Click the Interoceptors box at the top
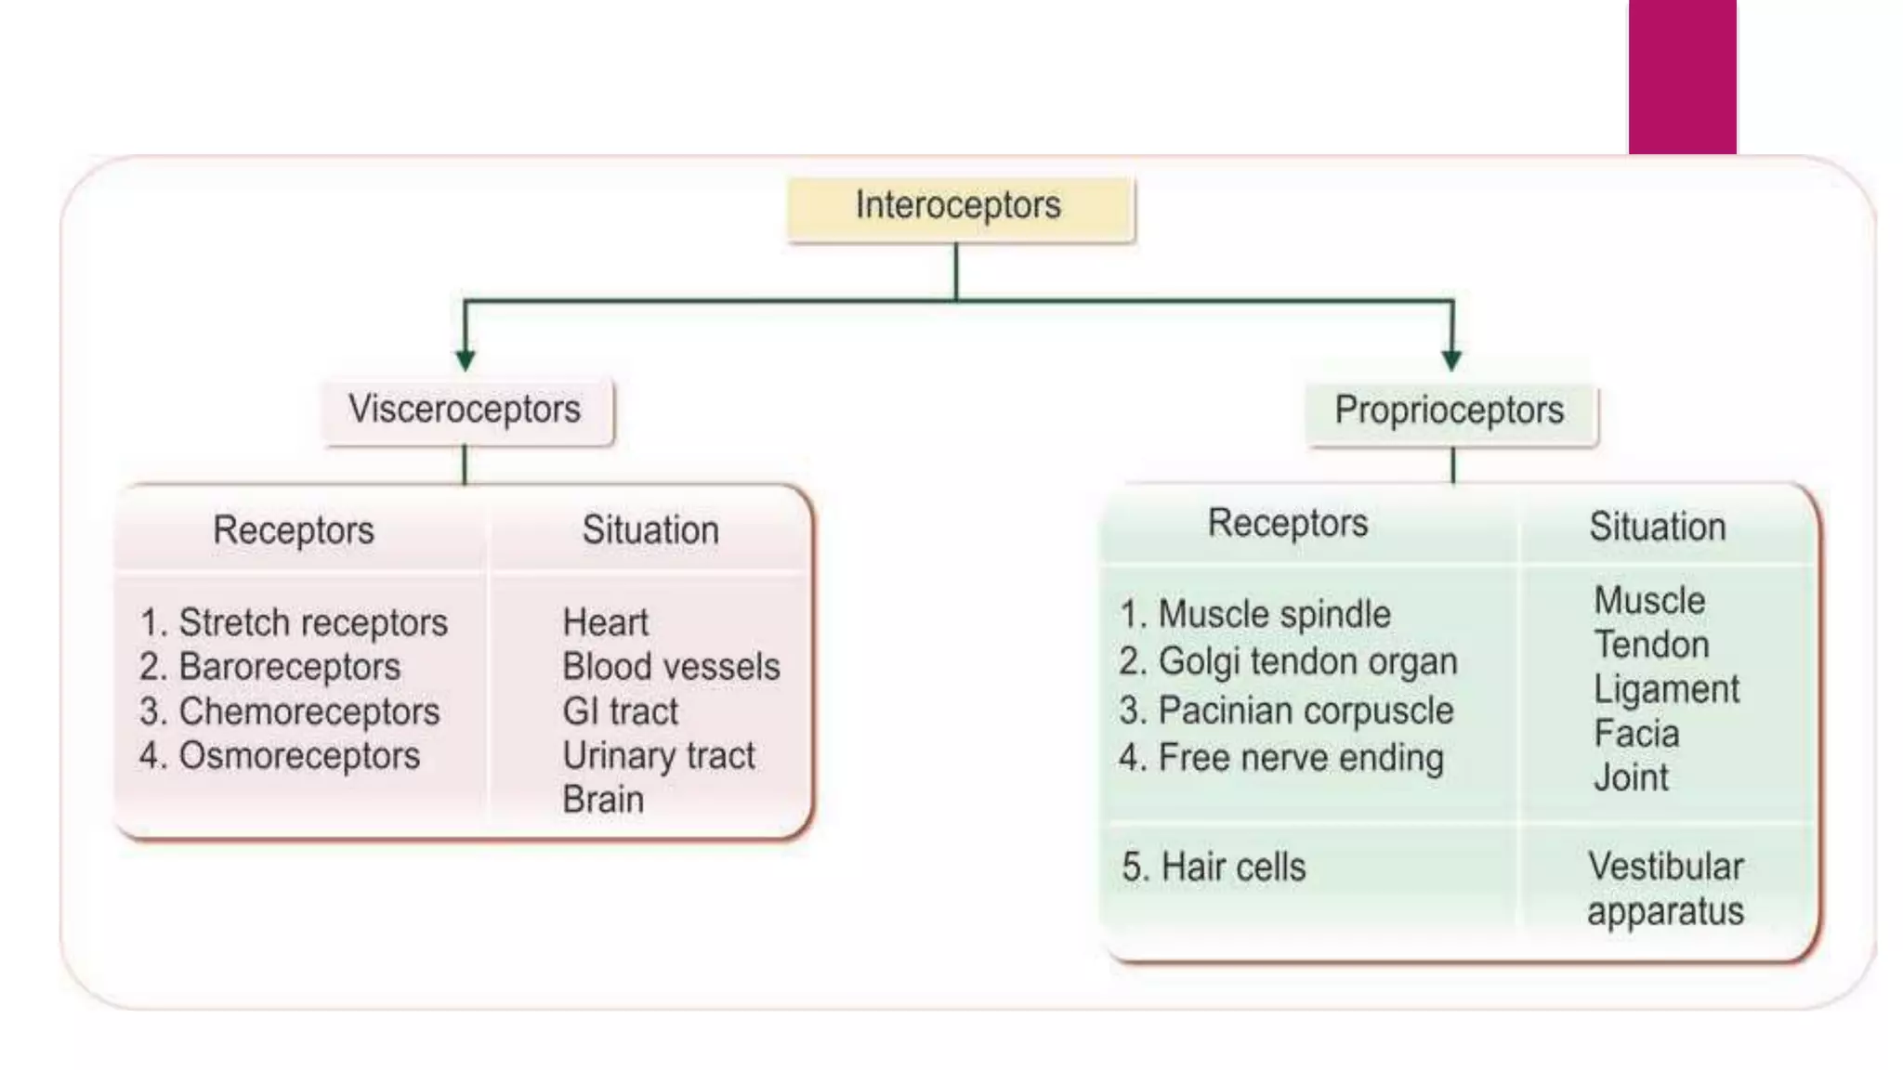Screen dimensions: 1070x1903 click(959, 206)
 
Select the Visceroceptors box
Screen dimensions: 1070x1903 click(465, 410)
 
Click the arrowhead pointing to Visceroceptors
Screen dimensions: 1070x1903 click(466, 359)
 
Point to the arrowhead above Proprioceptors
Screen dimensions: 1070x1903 click(1451, 359)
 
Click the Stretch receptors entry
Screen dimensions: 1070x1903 click(294, 622)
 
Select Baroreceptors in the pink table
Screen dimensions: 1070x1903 click(270, 667)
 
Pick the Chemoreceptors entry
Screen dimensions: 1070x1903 click(289, 711)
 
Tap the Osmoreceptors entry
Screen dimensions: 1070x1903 click(280, 756)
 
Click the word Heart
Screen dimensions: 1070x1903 click(605, 622)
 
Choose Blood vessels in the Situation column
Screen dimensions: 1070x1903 click(671, 667)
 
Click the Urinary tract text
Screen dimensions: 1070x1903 click(658, 756)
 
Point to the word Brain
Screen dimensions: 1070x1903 click(603, 800)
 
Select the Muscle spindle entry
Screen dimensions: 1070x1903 click(1254, 615)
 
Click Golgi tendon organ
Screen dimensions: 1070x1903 click(1288, 662)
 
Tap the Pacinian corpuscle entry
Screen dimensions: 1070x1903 click(1286, 711)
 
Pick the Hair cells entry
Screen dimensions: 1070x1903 click(1214, 868)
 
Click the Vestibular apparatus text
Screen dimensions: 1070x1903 click(1665, 889)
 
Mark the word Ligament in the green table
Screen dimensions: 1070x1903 click(1666, 690)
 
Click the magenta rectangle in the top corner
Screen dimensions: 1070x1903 click(1682, 76)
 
